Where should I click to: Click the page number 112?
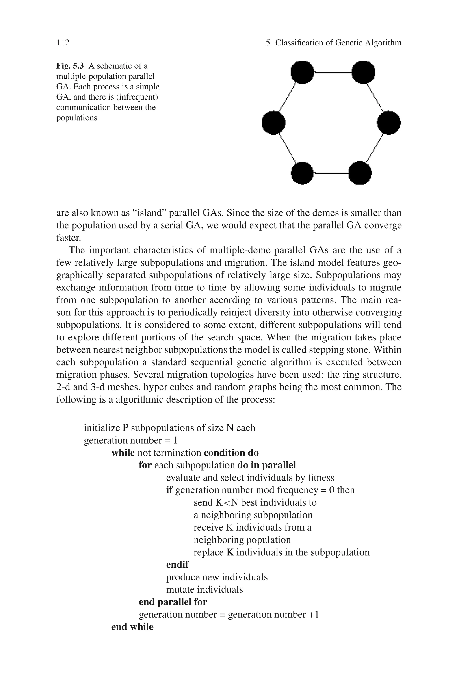[x=63, y=43]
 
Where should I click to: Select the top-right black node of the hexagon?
[x=363, y=72]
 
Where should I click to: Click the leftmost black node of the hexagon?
[x=273, y=123]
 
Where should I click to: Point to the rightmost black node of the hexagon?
[x=389, y=123]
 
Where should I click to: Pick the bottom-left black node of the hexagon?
[x=302, y=173]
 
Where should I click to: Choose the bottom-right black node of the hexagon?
[x=360, y=173]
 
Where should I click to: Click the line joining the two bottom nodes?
[x=331, y=173]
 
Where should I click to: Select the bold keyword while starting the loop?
[x=123, y=453]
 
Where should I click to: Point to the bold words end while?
[x=132, y=627]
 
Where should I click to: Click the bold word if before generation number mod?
[x=169, y=490]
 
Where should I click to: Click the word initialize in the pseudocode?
[x=101, y=428]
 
